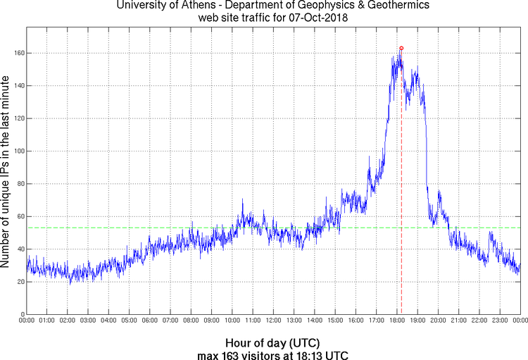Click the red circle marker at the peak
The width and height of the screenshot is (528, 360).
tap(401, 48)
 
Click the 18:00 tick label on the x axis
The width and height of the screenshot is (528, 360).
tap(397, 321)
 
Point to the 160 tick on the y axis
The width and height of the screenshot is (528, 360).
tap(18, 53)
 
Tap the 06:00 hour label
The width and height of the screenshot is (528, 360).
tap(150, 321)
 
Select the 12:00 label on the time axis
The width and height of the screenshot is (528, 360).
tap(274, 321)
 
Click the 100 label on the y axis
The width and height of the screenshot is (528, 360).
tap(18, 151)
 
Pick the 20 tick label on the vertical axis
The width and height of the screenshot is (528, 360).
tap(20, 282)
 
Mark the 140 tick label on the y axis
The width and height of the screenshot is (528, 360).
tap(18, 85)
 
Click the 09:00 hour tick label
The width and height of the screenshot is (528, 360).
tap(212, 321)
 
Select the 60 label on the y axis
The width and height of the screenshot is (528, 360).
tap(20, 216)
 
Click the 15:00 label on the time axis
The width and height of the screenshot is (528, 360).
tap(335, 321)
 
